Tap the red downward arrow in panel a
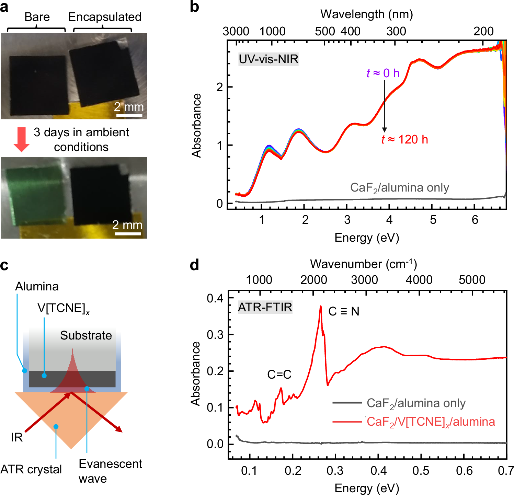coord(21,139)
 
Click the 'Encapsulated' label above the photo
coord(104,17)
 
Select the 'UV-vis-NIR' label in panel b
coord(268,59)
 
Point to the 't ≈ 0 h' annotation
coord(383,73)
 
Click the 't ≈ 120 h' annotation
coord(404,139)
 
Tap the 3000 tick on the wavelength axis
coord(236,31)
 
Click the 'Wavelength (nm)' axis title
coord(366,14)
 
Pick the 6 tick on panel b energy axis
coord(475,220)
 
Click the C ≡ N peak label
coord(344,311)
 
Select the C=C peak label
coord(279,374)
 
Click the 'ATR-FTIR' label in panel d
coord(265,307)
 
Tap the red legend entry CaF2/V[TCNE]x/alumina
coord(431,422)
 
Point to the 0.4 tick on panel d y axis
coord(215,298)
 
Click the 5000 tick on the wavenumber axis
coord(472,280)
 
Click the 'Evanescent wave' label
coord(110,471)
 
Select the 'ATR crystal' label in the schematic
coord(31,469)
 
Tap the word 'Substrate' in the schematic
coord(86,335)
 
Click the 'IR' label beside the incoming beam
coord(17,437)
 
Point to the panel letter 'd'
coord(194,265)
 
